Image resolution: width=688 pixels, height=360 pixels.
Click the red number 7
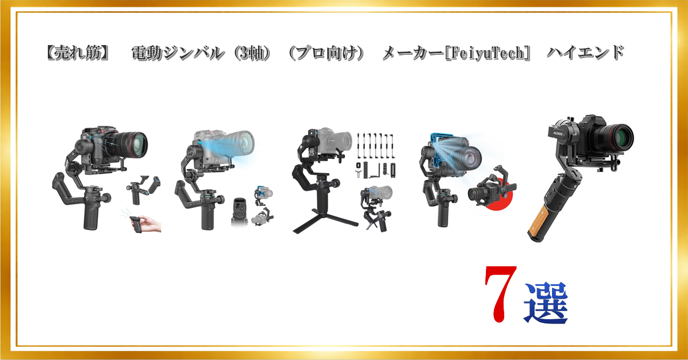(500, 293)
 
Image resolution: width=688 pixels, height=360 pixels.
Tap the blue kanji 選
(546, 303)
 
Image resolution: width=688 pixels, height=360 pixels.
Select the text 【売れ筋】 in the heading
(77, 53)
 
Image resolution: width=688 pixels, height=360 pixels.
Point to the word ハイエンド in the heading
(585, 53)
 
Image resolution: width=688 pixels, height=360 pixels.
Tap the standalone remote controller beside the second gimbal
(239, 212)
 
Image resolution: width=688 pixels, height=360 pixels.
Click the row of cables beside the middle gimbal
(376, 146)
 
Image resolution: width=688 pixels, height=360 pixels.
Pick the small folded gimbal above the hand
(144, 189)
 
